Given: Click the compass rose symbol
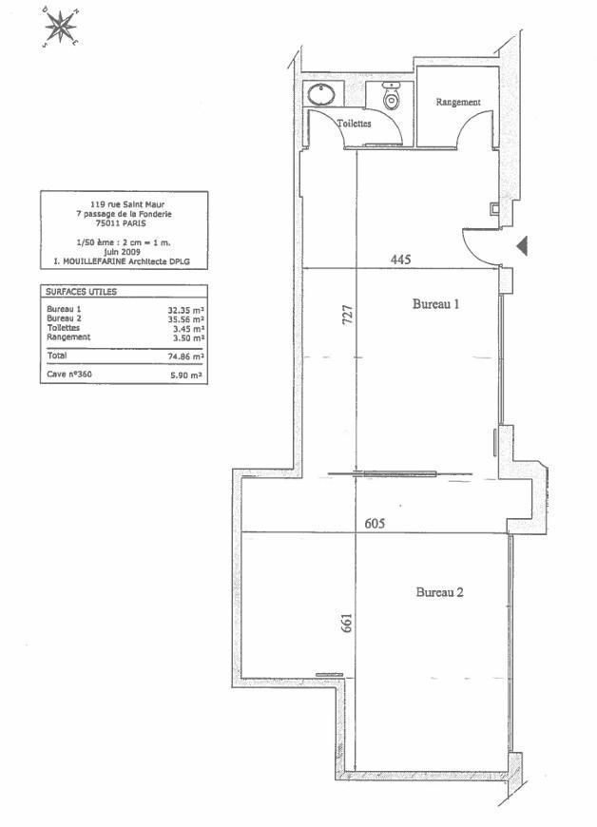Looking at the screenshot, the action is (61, 27).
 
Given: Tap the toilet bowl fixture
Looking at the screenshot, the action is (391, 97).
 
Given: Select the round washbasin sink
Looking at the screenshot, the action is (321, 95).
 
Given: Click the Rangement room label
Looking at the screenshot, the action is (458, 103).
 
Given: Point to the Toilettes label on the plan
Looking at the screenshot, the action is (354, 124).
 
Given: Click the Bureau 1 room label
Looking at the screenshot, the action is (435, 304).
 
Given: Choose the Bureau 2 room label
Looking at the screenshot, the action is (440, 592).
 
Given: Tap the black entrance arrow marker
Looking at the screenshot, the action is (522, 246).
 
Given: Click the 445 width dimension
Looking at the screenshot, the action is (400, 260).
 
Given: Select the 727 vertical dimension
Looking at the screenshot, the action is (348, 315).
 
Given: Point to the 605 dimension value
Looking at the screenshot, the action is (375, 523).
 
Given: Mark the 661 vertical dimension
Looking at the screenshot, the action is (346, 623).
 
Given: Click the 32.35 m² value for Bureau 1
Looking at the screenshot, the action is (185, 311).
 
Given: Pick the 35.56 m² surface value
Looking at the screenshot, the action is (185, 319).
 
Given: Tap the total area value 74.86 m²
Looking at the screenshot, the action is (185, 356).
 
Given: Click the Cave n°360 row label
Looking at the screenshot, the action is (69, 375).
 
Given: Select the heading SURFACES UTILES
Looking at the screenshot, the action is (81, 292).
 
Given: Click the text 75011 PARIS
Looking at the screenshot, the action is (124, 223).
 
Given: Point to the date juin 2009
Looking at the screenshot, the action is (123, 252).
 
